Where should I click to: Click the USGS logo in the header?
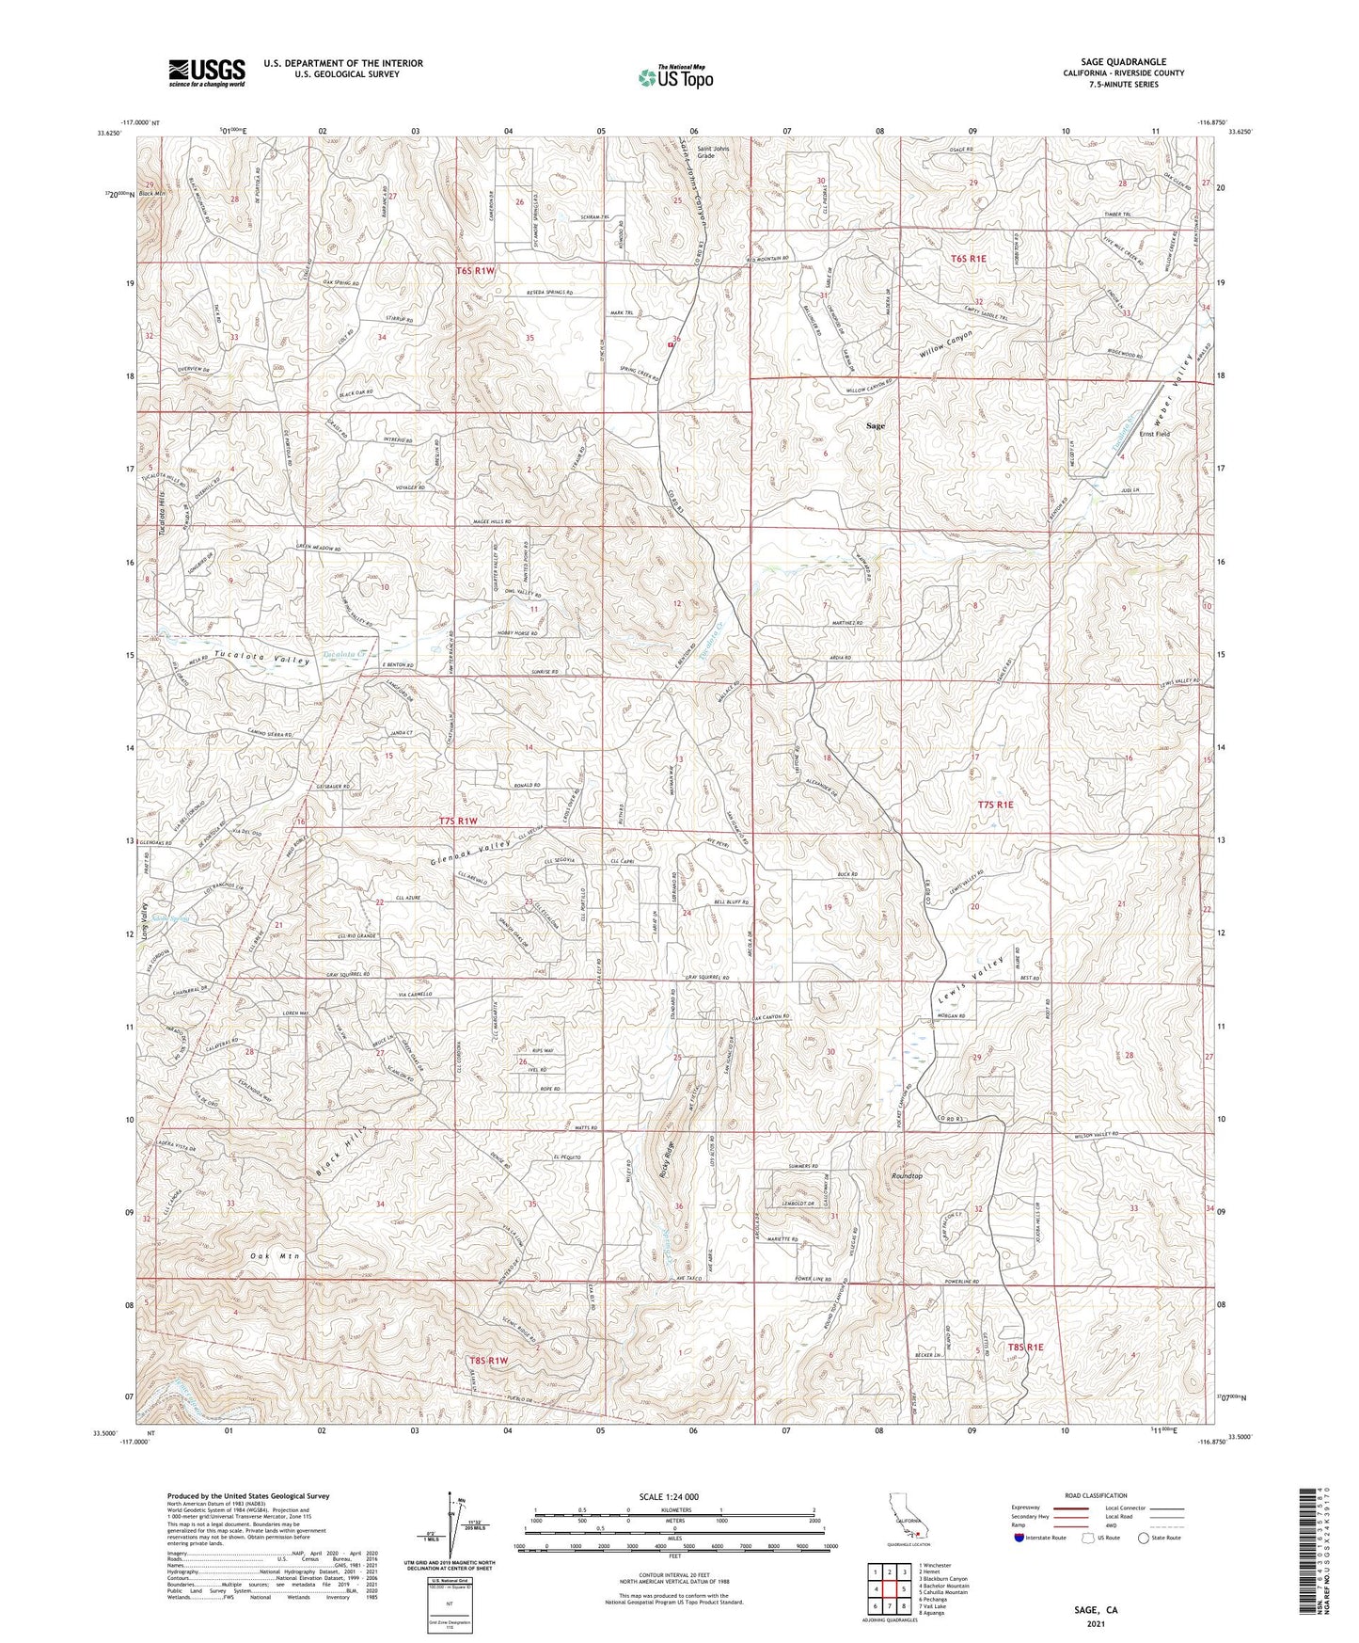click(207, 72)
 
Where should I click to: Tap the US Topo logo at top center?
click(675, 77)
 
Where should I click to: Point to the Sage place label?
click(875, 426)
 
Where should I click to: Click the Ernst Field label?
click(1154, 434)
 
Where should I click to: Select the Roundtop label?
click(907, 1176)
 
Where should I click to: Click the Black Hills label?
click(340, 1150)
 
